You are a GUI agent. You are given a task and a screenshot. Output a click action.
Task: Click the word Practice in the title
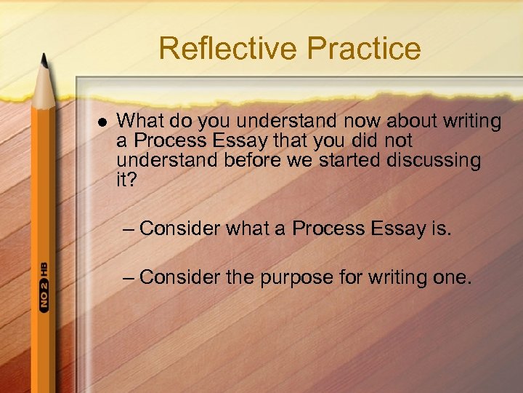click(364, 48)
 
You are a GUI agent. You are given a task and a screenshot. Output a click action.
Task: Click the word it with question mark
click(126, 180)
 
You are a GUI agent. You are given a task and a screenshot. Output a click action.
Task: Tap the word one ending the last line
click(453, 278)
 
